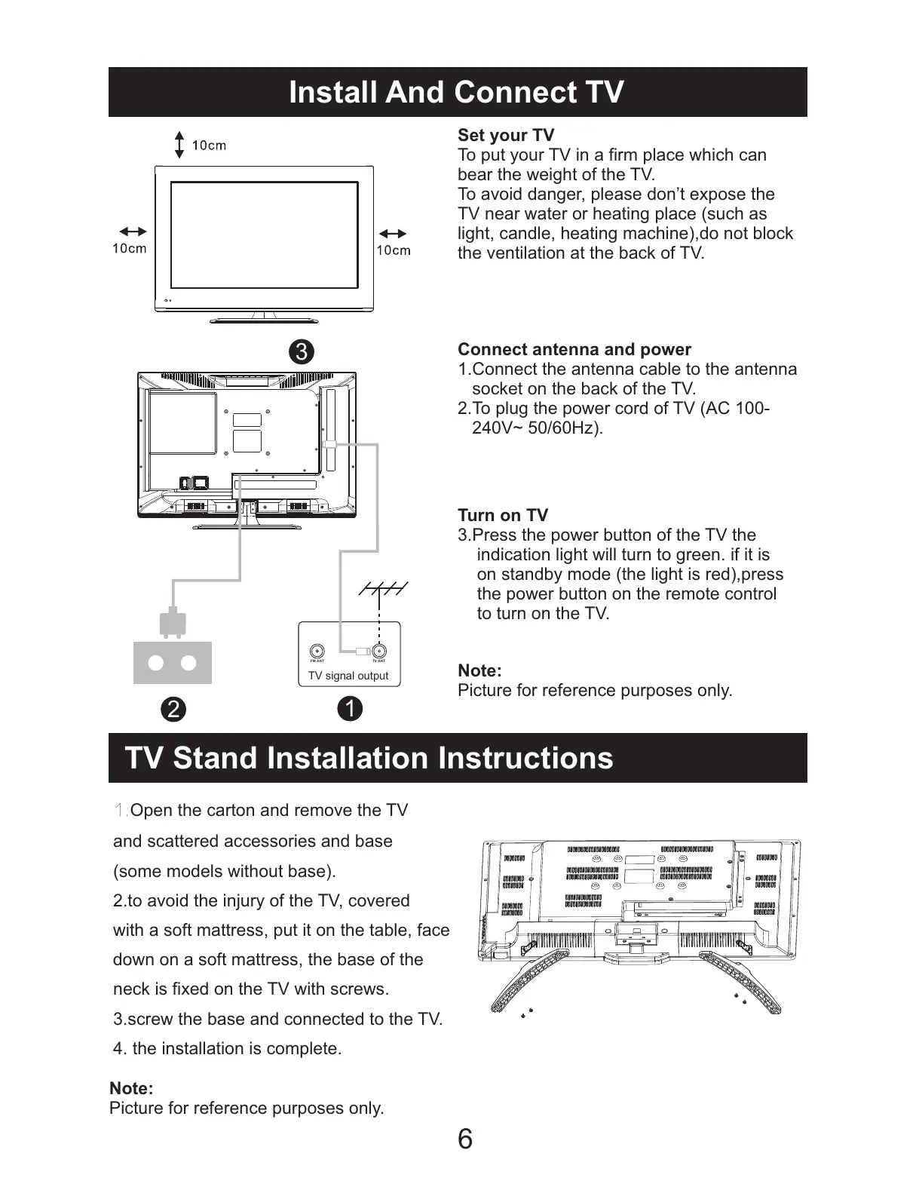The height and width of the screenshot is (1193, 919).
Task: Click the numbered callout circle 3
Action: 301,352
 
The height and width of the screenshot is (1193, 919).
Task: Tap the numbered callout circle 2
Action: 173,710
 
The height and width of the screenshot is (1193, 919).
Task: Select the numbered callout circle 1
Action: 351,709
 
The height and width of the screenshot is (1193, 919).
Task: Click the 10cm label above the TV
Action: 209,146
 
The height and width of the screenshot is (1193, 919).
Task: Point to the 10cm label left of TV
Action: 130,248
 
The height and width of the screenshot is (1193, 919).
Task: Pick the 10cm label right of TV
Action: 394,250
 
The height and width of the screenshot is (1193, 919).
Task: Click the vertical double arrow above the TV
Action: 179,145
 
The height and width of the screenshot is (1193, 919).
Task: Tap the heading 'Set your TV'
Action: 506,136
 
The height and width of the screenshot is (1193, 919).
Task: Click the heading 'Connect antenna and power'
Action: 574,350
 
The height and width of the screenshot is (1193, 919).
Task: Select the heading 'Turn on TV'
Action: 503,516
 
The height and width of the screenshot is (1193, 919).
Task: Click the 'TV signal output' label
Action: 348,676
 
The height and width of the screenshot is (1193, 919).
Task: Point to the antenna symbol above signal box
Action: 383,590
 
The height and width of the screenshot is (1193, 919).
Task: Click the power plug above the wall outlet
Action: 172,623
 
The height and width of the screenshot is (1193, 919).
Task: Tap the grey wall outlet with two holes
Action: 173,663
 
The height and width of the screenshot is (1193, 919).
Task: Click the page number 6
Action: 465,1139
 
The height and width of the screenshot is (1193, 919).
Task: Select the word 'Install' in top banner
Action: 332,92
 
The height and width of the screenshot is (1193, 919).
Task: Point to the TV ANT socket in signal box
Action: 379,651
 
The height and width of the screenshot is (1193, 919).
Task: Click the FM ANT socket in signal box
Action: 317,651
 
